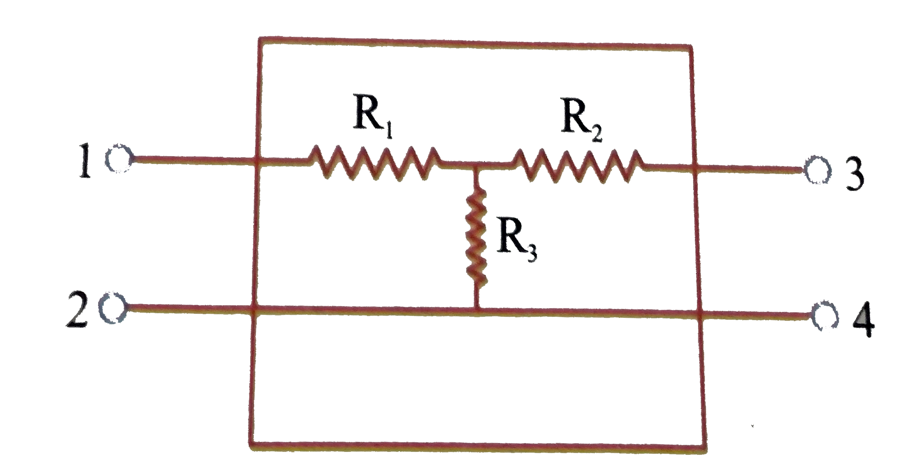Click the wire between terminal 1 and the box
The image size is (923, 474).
pyautogui.click(x=192, y=160)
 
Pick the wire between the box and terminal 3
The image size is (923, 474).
pyautogui.click(x=749, y=170)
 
